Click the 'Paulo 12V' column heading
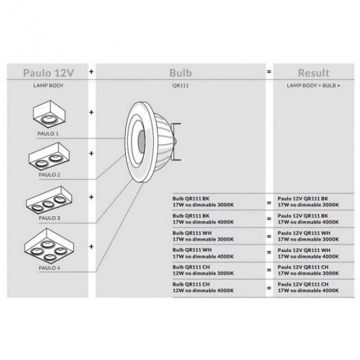tap(48, 73)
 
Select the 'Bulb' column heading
tap(181, 73)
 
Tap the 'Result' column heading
tap(314, 73)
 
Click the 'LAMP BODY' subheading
tap(48, 87)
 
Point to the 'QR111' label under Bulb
tap(181, 87)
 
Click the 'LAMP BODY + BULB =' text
tap(314, 87)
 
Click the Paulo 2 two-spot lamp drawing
tap(49, 158)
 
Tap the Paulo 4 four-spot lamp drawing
tap(49, 244)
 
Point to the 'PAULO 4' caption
tap(49, 267)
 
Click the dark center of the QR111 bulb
tap(141, 140)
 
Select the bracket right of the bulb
tap(178, 140)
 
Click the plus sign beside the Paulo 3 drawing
tap(92, 196)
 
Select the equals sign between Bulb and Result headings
tap(268, 73)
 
